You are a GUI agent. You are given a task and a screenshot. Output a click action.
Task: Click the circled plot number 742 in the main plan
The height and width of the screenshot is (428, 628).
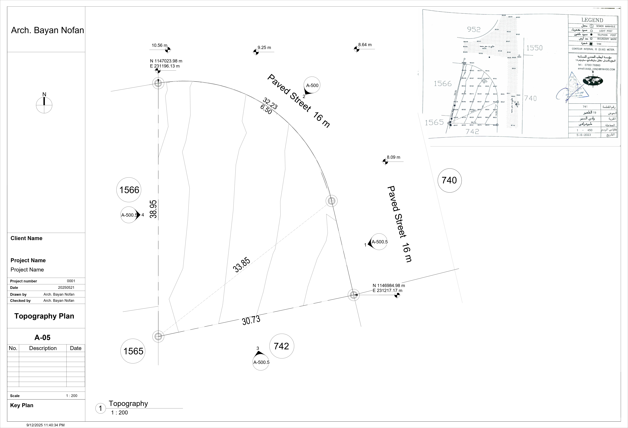(282, 346)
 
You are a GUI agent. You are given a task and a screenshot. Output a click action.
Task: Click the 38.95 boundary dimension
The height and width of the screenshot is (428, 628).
(153, 209)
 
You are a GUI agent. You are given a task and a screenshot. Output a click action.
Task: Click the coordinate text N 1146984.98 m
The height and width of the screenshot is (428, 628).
(389, 285)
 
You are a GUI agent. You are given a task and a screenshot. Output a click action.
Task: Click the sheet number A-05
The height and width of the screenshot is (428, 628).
(42, 337)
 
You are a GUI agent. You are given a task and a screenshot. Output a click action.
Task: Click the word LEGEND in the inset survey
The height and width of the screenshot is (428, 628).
(592, 20)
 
